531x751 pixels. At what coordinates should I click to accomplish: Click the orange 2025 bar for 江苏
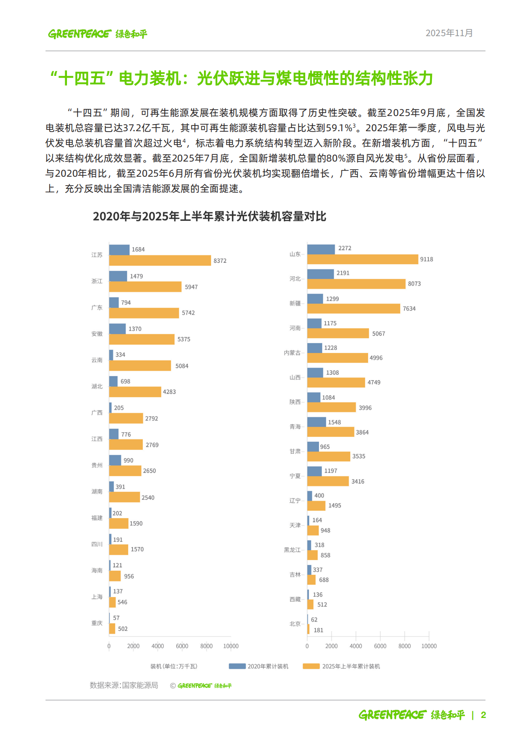(160, 261)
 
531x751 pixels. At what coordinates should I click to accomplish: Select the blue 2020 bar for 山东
(321, 249)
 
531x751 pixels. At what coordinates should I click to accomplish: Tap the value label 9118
(426, 259)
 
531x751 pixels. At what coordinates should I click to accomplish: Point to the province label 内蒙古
(292, 353)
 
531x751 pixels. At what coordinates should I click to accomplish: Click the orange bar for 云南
(140, 366)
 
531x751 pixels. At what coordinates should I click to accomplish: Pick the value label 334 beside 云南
(120, 355)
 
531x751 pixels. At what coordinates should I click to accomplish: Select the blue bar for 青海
(316, 422)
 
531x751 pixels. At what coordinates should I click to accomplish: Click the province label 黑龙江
(292, 550)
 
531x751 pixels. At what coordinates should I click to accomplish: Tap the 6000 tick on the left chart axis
(182, 646)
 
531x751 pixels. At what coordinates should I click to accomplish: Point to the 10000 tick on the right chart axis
(429, 646)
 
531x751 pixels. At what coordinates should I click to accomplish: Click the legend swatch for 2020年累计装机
(237, 666)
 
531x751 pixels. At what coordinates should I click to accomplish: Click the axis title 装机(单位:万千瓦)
(174, 666)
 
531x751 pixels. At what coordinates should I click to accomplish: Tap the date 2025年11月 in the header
(449, 33)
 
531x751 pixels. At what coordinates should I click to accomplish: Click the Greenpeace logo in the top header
(97, 34)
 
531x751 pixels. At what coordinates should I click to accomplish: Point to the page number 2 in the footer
(483, 715)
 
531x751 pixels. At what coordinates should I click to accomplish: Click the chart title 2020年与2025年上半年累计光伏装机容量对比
(209, 216)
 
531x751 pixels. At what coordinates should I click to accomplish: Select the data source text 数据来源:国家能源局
(124, 685)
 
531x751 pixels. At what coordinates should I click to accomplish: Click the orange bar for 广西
(126, 419)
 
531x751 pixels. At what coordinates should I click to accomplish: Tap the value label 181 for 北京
(318, 630)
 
